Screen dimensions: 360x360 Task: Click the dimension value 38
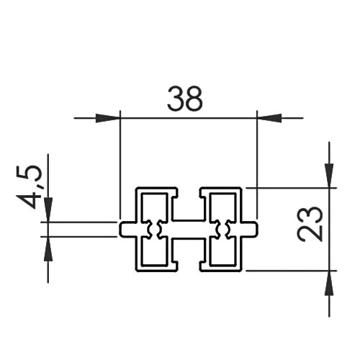tap(185, 99)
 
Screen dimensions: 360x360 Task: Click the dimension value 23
tap(310, 224)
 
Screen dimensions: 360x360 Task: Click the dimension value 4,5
tap(29, 186)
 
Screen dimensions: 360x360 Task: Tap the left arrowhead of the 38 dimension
tap(107, 118)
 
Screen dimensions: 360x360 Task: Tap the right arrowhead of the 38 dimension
tap(269, 118)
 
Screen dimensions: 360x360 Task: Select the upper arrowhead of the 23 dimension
tap(329, 176)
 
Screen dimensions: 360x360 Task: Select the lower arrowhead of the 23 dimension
tap(329, 283)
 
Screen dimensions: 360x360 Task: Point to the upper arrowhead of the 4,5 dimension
tap(48, 210)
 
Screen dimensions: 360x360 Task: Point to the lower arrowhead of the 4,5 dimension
tap(48, 248)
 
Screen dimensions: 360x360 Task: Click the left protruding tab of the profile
tap(128, 229)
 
